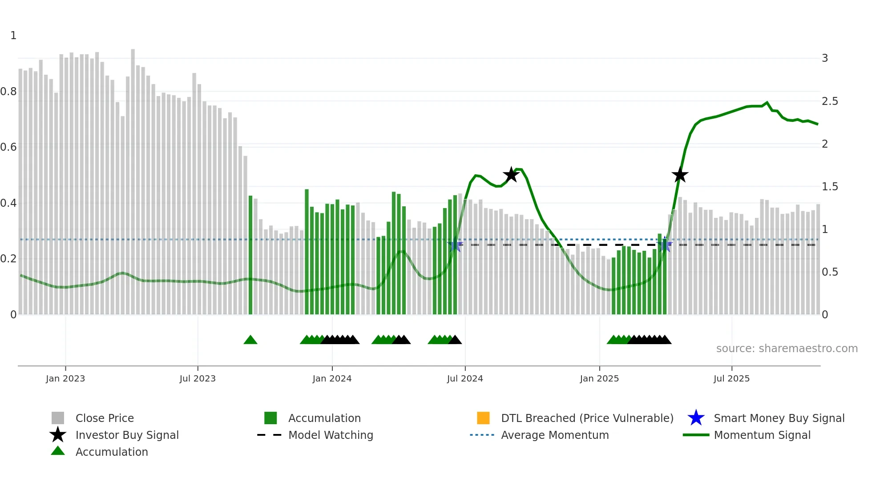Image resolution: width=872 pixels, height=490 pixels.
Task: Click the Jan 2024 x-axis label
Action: click(332, 379)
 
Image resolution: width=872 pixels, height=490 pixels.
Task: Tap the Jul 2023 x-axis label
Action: click(198, 379)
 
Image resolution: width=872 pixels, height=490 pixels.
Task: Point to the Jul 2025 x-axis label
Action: click(731, 379)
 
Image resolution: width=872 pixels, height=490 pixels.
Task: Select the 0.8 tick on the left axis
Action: click(8, 92)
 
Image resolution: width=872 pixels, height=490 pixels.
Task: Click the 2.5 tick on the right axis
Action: click(830, 101)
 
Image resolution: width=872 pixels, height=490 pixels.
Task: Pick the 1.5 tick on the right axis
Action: click(830, 187)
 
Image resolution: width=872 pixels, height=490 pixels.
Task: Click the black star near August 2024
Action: click(511, 175)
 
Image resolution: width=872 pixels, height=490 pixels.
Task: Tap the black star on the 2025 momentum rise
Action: click(680, 175)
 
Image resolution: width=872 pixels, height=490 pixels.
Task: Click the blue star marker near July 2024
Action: click(455, 245)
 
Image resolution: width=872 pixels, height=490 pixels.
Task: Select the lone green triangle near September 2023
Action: click(250, 340)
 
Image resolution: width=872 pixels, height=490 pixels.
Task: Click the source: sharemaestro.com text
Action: click(787, 349)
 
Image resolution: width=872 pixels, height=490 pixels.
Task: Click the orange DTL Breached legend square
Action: click(483, 418)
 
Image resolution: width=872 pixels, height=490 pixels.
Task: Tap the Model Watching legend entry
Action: click(331, 435)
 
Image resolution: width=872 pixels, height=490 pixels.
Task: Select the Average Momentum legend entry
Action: click(554, 435)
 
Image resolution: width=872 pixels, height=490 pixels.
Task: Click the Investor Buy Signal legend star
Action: click(58, 435)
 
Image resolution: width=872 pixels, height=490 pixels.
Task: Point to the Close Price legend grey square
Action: click(58, 418)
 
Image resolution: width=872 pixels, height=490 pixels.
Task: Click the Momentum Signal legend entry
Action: click(762, 435)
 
